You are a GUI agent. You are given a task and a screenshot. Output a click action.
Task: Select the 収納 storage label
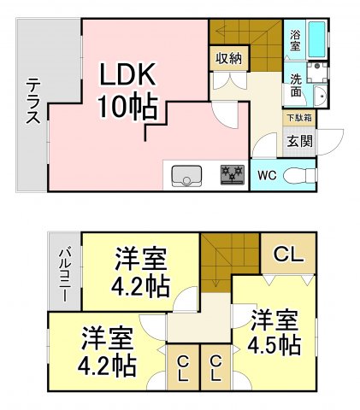[227, 59]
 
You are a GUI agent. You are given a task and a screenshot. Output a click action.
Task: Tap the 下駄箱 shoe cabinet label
[298, 117]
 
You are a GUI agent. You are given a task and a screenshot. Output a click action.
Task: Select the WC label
[267, 177]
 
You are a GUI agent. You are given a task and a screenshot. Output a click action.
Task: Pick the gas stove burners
[231, 175]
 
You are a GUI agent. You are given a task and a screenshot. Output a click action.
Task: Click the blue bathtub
[316, 38]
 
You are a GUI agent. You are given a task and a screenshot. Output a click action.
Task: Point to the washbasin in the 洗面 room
[320, 95]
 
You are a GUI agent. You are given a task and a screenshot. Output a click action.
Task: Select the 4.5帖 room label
[274, 333]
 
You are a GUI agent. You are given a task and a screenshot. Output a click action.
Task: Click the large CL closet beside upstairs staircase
[288, 254]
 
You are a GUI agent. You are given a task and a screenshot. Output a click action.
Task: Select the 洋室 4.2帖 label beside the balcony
[141, 271]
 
